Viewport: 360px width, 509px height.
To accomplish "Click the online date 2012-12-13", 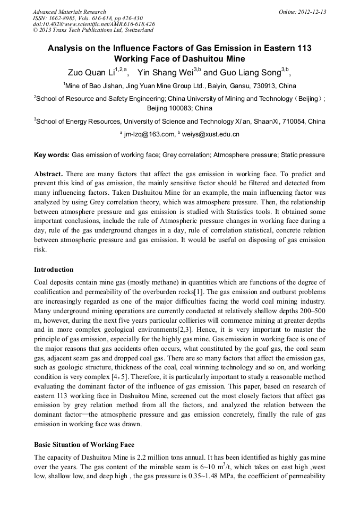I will click(312, 12).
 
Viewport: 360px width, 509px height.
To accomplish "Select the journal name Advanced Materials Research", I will click(69, 12).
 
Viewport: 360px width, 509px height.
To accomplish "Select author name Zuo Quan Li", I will click(91, 72).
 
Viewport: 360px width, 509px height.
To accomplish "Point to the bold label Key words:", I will click(52, 155).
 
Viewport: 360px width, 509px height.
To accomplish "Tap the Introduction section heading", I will click(54, 270).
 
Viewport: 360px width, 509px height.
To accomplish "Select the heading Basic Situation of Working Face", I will click(84, 444).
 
